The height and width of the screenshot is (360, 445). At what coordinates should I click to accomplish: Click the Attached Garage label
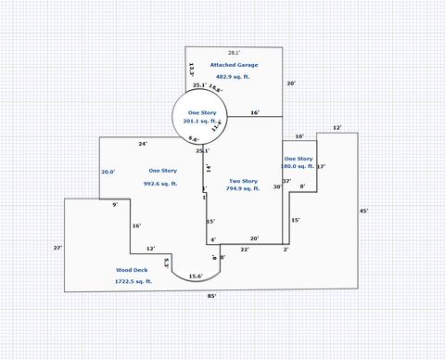[x=233, y=65]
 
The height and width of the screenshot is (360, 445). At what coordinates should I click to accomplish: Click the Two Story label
[x=243, y=180]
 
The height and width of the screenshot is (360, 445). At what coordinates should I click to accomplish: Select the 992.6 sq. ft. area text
[x=163, y=184]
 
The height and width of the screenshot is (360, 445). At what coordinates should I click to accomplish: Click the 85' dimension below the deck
[x=212, y=296]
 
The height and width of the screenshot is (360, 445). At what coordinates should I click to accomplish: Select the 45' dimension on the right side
[x=364, y=211]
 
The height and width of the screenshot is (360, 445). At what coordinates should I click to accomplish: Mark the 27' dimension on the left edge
[x=57, y=248]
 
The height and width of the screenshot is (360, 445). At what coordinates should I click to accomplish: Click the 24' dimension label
[x=143, y=144]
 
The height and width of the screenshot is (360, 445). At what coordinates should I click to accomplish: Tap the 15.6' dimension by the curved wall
[x=196, y=276]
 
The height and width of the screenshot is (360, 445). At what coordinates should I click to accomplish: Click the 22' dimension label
[x=245, y=250]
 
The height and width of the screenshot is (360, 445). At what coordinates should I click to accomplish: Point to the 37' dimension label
[x=287, y=181]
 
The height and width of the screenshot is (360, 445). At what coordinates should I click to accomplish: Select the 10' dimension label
[x=299, y=136]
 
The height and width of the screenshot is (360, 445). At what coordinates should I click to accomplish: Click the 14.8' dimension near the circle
[x=214, y=89]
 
